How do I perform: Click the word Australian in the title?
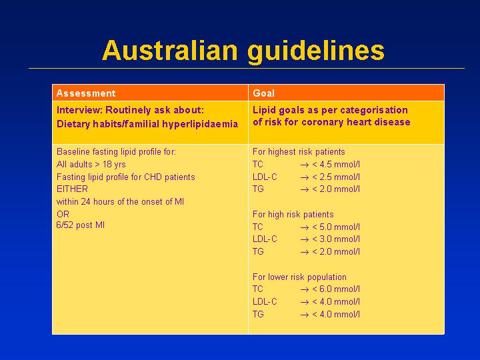(x=170, y=50)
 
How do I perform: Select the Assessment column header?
(x=86, y=93)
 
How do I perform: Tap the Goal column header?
(x=263, y=93)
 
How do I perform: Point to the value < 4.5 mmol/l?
(x=336, y=165)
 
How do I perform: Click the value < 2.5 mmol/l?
(x=336, y=177)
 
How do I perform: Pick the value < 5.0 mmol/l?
(x=336, y=227)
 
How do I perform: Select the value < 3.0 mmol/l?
(x=336, y=239)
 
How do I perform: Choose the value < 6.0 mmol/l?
(x=336, y=289)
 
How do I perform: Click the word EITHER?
(x=72, y=189)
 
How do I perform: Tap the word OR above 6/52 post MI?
(x=63, y=214)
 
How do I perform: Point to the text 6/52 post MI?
(x=81, y=225)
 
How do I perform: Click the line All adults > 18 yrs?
(x=91, y=165)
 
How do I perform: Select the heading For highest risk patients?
(x=299, y=152)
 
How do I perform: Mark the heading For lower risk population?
(x=299, y=277)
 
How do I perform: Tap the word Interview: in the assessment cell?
(x=79, y=110)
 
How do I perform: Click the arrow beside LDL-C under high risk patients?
(x=305, y=240)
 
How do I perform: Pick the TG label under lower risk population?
(x=258, y=315)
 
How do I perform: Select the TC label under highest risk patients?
(x=258, y=165)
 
